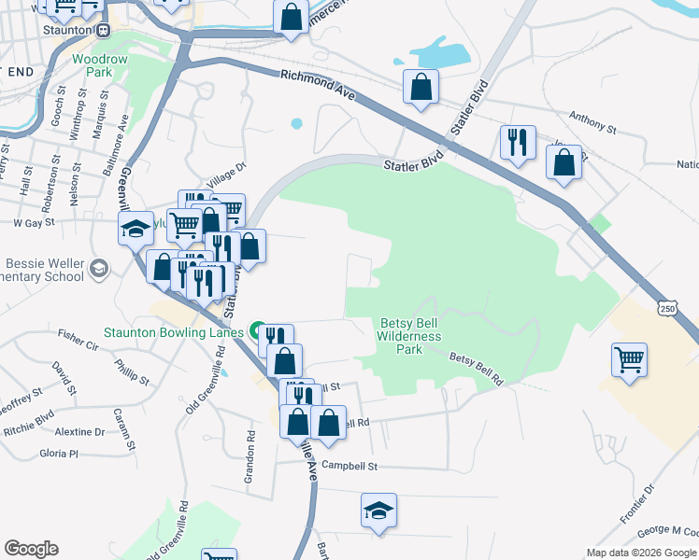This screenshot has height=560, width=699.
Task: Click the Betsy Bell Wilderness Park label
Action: point(409,336)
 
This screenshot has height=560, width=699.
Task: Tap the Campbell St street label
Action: point(349,465)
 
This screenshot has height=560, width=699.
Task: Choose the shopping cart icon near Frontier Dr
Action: point(629,359)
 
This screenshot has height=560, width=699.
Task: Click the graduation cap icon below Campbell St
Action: point(378,511)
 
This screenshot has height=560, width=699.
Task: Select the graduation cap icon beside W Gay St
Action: point(136,227)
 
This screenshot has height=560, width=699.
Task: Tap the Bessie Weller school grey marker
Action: point(97,270)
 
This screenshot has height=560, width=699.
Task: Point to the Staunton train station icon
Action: point(104,29)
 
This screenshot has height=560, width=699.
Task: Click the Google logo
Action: point(31,549)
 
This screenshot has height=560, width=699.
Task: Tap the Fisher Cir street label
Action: point(78,332)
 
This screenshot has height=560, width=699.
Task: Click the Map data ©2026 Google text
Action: point(641,553)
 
